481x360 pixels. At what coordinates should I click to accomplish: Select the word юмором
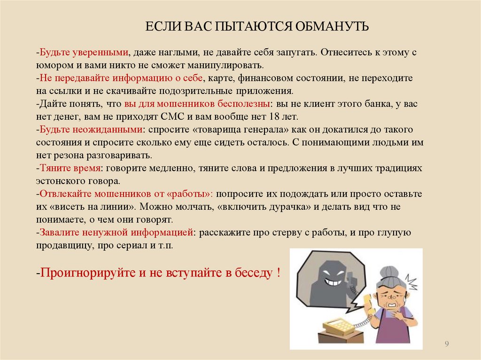tap(51, 64)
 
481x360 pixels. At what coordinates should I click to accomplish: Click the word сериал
tap(124, 245)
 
